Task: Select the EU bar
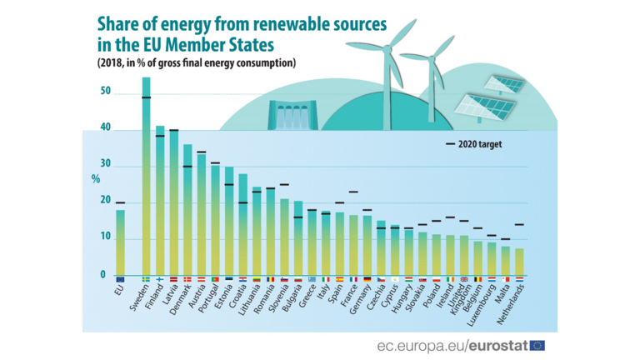tap(121, 242)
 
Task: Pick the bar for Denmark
tap(188, 208)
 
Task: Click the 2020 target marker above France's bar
tap(353, 192)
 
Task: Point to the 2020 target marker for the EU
tap(121, 202)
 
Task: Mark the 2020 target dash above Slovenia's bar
tap(284, 184)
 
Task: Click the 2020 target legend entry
tap(472, 144)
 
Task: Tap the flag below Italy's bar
tap(326, 279)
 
